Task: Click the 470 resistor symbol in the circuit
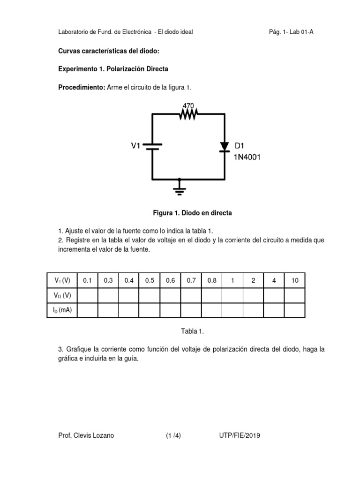coord(188,113)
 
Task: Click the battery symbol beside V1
coord(152,147)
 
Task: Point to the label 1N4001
coord(247,157)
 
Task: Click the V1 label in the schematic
coord(135,146)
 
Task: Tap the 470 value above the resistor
coord(188,106)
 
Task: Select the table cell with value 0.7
coord(191,281)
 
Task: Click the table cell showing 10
coord(294,281)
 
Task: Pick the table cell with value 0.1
coord(87,281)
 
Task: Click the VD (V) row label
coord(62,295)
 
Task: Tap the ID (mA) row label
coord(62,310)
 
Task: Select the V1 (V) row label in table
coord(62,281)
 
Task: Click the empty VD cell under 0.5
coord(150,295)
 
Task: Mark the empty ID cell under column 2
coord(253,310)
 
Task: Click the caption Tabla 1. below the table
coord(193,331)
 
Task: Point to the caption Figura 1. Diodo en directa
coord(193,213)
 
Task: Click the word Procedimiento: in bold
coord(82,88)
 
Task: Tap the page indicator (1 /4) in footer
coord(173,435)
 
